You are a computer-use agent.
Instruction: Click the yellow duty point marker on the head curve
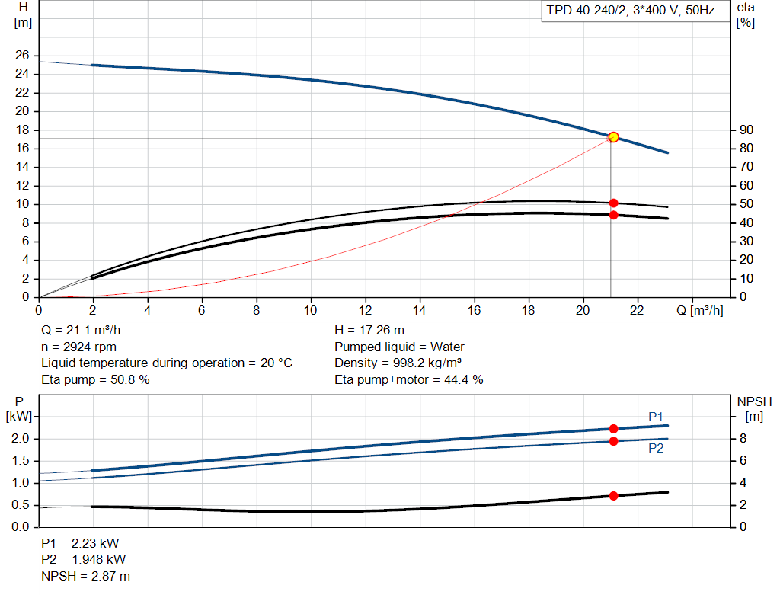pos(613,137)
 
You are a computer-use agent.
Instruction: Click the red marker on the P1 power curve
pos(613,429)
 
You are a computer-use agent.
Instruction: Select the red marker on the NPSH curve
pos(613,496)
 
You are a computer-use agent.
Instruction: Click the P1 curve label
pos(656,416)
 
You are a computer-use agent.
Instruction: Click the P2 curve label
pos(656,449)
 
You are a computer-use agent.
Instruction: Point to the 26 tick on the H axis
pos(22,56)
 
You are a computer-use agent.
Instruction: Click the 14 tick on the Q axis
pos(420,310)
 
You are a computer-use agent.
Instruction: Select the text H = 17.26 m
pos(369,331)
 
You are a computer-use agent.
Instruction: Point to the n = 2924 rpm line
pos(79,347)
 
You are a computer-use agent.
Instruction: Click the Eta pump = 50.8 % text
pos(95,379)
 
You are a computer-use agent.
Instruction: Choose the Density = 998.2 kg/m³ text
pos(398,363)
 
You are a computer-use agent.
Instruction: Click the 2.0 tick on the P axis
pos(20,439)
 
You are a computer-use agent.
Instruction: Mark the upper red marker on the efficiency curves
pos(613,203)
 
